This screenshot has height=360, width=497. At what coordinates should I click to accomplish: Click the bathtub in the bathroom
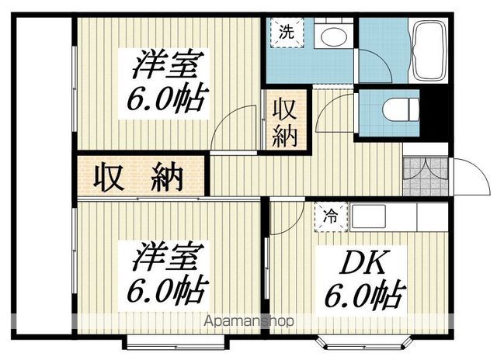point(429,50)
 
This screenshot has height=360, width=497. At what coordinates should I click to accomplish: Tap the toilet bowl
point(401,109)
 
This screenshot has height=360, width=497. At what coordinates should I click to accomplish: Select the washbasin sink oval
point(333,36)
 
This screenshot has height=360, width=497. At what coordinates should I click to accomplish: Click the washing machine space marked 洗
point(287,33)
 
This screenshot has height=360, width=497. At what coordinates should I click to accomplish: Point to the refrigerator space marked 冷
point(331,217)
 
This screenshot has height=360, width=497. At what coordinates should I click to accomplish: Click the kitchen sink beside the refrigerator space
point(368,216)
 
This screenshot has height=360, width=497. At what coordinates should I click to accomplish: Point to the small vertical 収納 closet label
point(284,123)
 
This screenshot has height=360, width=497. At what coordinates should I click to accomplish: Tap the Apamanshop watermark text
point(248,321)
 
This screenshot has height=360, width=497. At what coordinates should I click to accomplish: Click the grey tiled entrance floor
point(426,176)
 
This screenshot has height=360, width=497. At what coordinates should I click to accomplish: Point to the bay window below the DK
point(365,344)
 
